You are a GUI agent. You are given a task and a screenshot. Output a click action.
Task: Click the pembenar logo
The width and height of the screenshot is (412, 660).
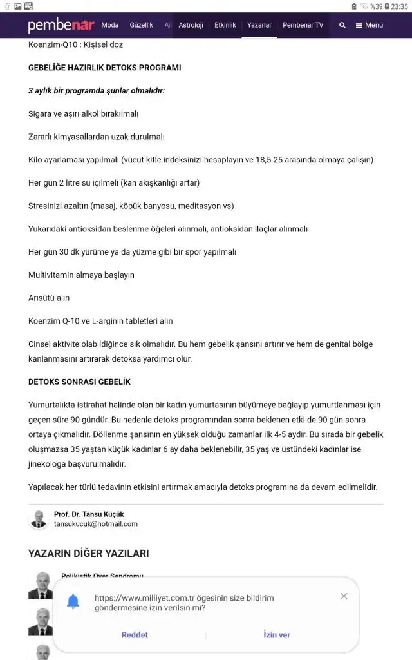61,26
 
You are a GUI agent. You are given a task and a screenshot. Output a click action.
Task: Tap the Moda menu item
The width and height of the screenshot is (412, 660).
110,25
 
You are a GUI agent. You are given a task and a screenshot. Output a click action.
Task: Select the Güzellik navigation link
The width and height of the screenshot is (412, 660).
142,25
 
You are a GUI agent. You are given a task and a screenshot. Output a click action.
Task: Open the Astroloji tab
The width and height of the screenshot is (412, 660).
191,25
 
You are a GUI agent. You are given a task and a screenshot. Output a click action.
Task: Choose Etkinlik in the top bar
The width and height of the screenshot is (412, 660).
225,25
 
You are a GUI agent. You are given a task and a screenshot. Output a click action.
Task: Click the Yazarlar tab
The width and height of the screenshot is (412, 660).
259,25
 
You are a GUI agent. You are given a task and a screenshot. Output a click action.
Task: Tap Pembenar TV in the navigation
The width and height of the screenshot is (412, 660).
303,25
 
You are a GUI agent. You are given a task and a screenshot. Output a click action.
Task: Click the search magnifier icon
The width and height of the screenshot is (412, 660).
342,25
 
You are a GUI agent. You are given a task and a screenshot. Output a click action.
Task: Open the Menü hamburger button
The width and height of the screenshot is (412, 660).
370,25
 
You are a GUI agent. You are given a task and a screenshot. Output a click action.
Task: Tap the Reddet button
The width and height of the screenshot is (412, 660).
135,635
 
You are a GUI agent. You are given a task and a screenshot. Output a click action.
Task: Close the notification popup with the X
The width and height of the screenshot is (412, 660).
344,596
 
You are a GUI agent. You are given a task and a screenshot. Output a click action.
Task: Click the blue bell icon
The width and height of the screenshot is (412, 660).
73,602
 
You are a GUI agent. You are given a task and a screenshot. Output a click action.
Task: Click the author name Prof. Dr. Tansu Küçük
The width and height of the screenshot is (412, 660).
89,514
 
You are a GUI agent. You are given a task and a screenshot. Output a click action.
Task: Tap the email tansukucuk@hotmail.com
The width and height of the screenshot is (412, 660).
96,524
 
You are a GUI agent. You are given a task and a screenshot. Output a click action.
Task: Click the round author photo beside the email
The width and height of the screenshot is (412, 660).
39,519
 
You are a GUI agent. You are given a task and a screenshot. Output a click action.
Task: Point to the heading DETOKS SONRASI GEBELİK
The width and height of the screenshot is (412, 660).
79,382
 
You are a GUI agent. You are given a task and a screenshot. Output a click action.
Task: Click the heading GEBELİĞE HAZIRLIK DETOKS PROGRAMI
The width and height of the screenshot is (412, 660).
104,68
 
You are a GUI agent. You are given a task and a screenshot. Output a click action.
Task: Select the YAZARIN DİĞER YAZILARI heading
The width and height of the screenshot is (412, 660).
88,554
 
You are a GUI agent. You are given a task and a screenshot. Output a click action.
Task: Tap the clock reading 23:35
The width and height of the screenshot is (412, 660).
399,6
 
